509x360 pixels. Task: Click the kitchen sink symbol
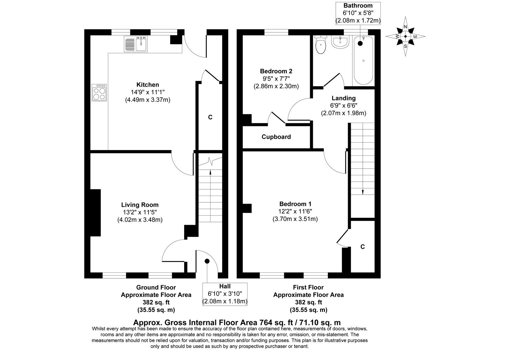[136, 44]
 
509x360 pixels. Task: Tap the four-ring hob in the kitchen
[100, 92]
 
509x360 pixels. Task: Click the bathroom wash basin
[339, 42]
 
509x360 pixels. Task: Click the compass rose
[405, 36]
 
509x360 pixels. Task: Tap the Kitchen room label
[148, 85]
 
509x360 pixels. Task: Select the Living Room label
[140, 205]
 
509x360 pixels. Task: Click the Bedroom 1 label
[295, 204]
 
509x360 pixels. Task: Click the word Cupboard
[276, 137]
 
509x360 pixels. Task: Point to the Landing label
[343, 98]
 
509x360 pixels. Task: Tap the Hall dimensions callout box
[225, 294]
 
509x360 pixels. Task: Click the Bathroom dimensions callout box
[358, 13]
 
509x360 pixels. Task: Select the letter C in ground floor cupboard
[210, 117]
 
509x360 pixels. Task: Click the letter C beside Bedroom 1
[362, 247]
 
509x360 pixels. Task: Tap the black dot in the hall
[207, 261]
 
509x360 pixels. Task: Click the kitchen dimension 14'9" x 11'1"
[148, 92]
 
